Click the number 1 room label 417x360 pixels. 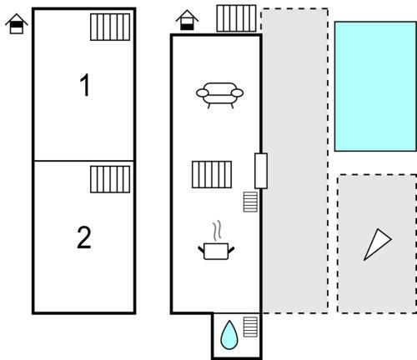[85, 85]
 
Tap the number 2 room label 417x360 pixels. [84, 237]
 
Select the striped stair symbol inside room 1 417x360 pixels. [110, 27]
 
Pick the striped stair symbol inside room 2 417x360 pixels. [110, 179]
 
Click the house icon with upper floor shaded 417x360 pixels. [17, 24]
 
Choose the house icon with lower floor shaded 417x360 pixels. [187, 20]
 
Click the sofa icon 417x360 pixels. [219, 95]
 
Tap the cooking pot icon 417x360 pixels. [216, 251]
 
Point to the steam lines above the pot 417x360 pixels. [217, 231]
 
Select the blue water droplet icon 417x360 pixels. [229, 335]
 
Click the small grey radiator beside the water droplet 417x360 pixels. [250, 327]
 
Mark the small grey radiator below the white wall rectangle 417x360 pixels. [250, 202]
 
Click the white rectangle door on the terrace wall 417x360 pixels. [261, 171]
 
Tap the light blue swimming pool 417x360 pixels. [375, 87]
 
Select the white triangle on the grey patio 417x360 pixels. [376, 243]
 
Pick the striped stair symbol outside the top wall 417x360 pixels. [236, 18]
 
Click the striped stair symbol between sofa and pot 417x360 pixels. [212, 174]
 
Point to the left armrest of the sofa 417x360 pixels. [203, 93]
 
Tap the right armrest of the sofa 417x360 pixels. [237, 93]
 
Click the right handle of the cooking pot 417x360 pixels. [231, 250]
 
